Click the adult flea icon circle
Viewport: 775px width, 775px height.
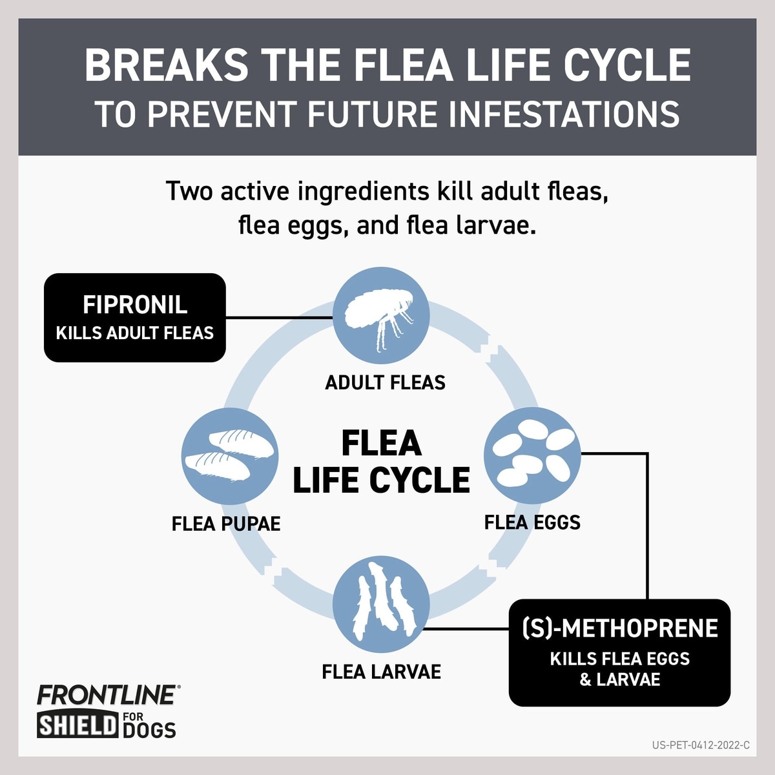[x=381, y=316]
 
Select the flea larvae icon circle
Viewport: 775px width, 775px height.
[x=381, y=604]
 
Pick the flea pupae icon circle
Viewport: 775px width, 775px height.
[x=229, y=457]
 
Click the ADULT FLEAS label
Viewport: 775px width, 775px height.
[x=385, y=382]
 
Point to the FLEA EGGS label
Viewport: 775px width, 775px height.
[x=532, y=522]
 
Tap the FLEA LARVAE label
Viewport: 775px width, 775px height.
[x=381, y=672]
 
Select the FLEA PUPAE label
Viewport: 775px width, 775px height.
[x=226, y=523]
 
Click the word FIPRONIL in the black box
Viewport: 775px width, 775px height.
[x=135, y=305]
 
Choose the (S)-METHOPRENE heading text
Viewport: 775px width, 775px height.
[x=619, y=628]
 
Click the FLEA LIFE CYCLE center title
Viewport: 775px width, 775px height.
[x=381, y=462]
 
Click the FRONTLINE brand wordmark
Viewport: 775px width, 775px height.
[x=107, y=695]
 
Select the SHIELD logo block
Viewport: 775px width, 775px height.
[x=77, y=725]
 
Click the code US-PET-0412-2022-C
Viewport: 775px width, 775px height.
[x=701, y=745]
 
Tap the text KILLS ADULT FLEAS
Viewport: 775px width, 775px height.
[x=135, y=333]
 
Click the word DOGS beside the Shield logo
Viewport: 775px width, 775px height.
[x=149, y=730]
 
